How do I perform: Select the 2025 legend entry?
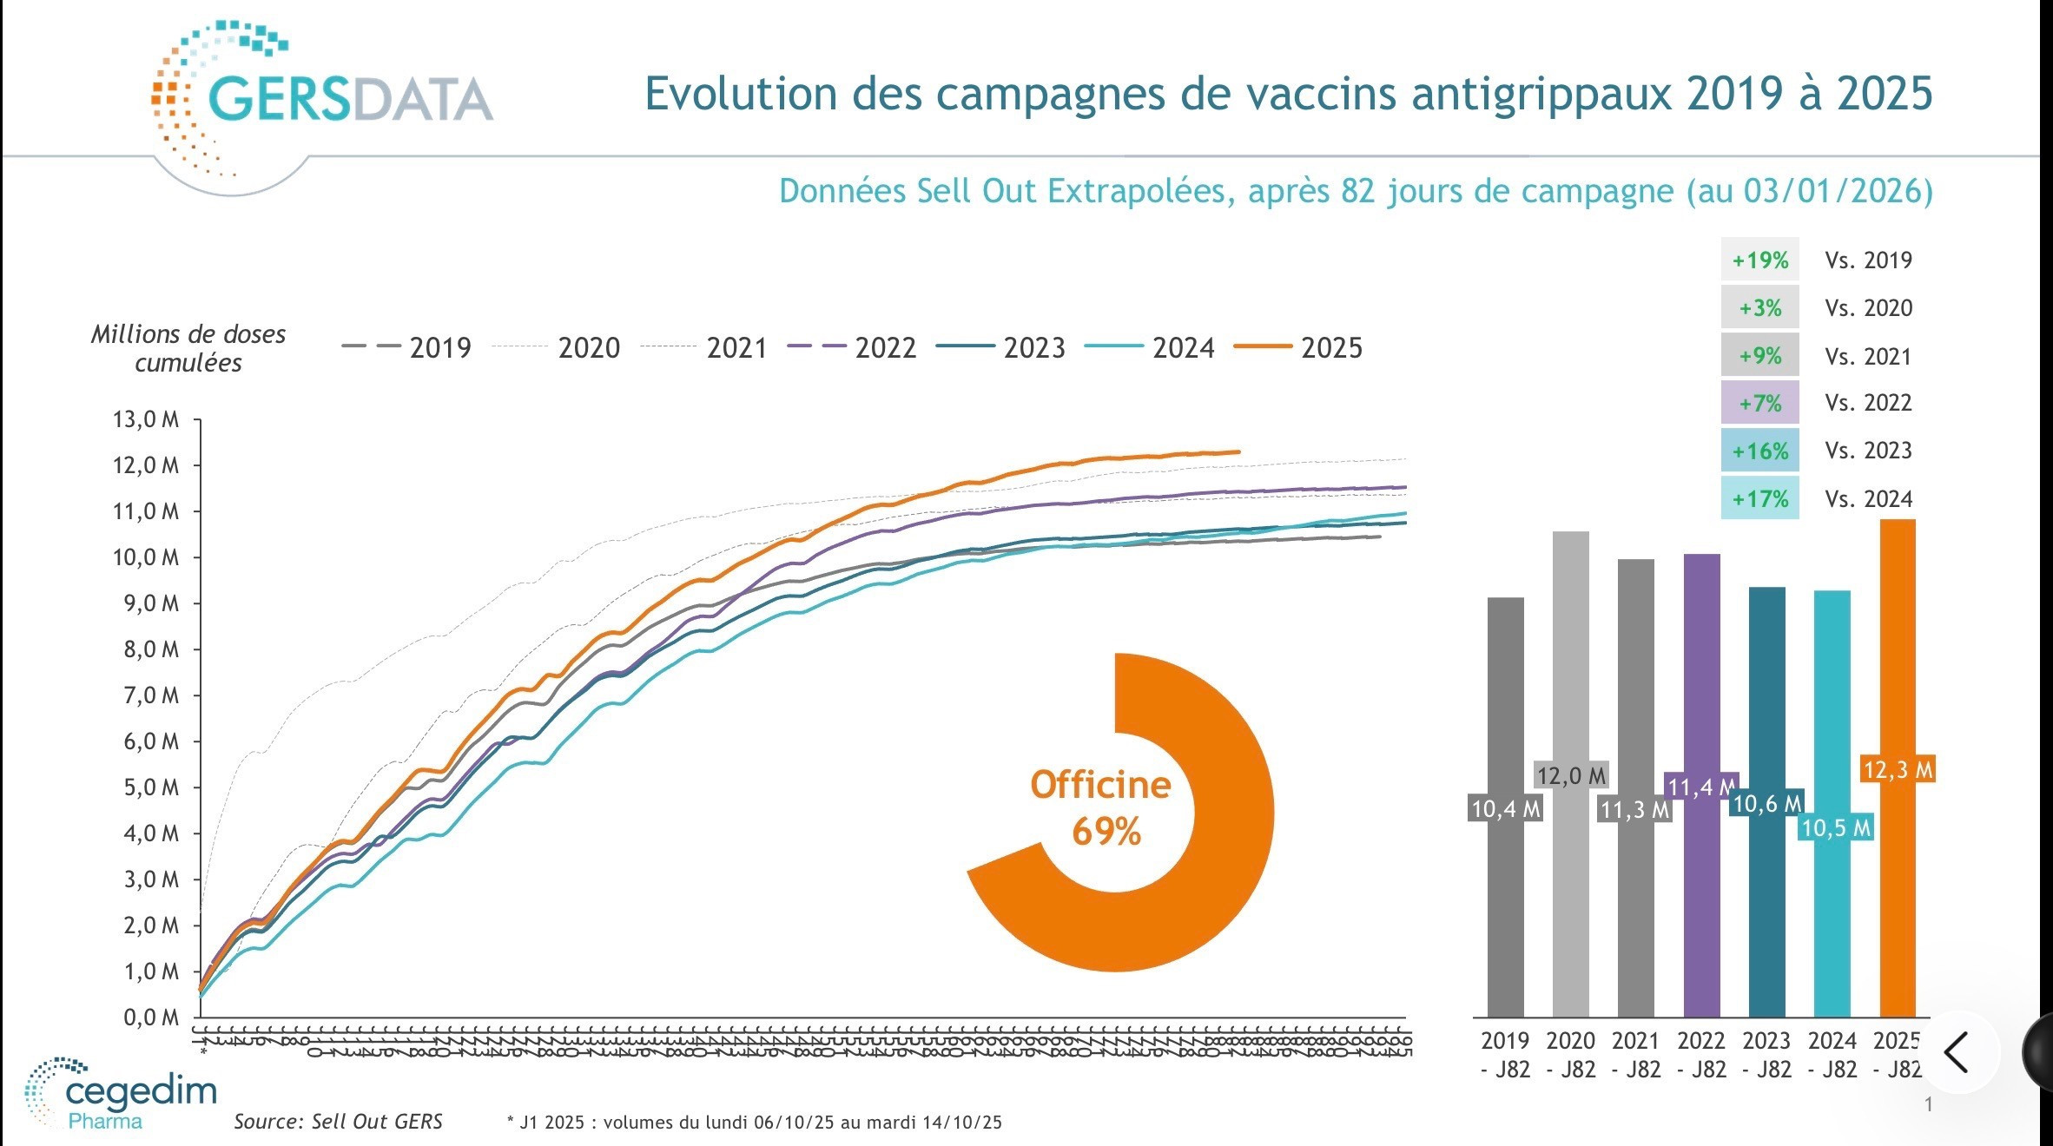pos(1299,348)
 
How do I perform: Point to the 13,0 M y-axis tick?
pos(146,420)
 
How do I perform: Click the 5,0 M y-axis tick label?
pos(146,788)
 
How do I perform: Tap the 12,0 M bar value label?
pos(1571,775)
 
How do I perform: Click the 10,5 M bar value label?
pos(1835,828)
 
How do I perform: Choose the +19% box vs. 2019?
pos(1759,260)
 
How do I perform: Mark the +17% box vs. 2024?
pos(1759,499)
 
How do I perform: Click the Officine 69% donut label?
pos(1101,808)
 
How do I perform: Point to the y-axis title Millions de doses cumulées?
pos(188,349)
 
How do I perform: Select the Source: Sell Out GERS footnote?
pos(338,1122)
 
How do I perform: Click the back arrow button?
pos(1956,1052)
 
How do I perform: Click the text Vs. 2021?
pos(1868,357)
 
